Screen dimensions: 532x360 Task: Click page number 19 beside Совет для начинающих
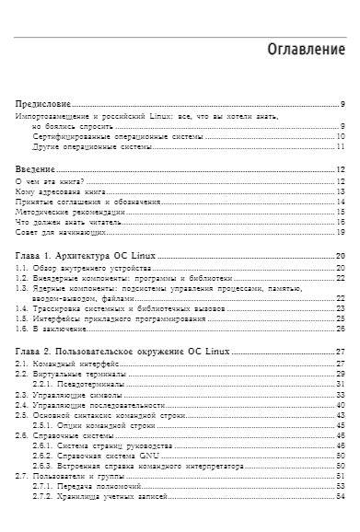click(340, 231)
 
